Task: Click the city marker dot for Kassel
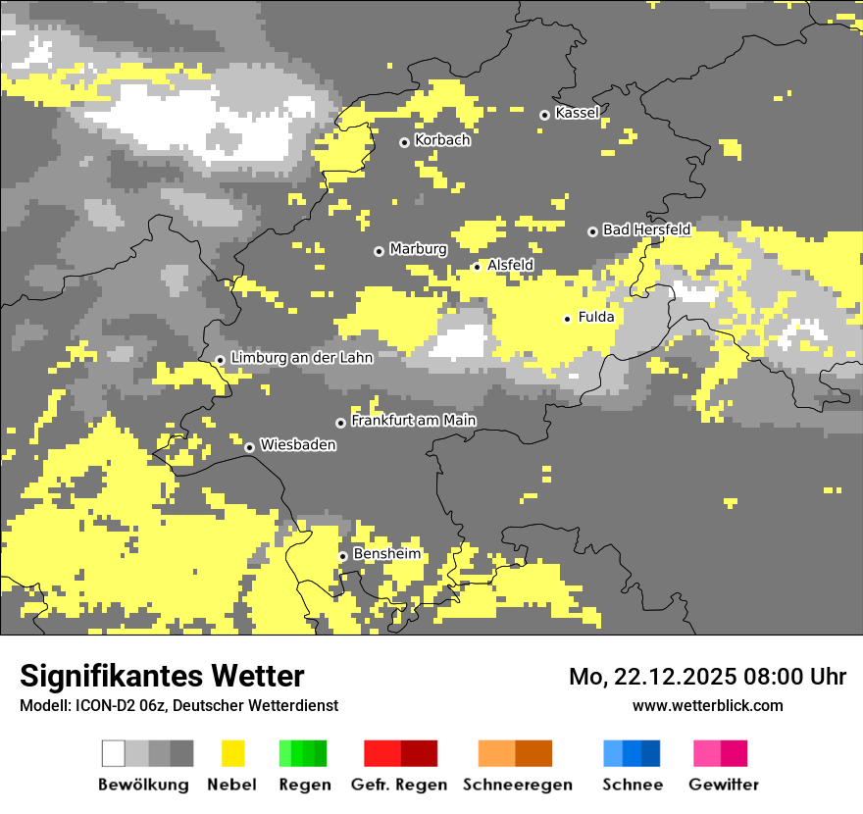[x=544, y=115]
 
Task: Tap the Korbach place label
[x=442, y=140]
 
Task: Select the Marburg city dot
[x=379, y=251]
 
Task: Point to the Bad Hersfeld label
[x=646, y=229]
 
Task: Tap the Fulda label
[x=596, y=317]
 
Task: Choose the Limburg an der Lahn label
[x=301, y=358]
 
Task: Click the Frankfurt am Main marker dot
[x=340, y=423]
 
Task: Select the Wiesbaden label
[x=297, y=444]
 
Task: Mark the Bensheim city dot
[x=342, y=556]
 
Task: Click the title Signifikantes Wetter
[x=162, y=676]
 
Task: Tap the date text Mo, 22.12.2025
[x=658, y=677]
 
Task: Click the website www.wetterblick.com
[x=707, y=705]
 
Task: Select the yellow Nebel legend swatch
[x=233, y=753]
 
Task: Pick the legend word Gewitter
[x=723, y=785]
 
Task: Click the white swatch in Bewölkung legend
[x=114, y=753]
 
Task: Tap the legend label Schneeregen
[x=517, y=785]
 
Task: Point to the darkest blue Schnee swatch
[x=650, y=753]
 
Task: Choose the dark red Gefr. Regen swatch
[x=419, y=753]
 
